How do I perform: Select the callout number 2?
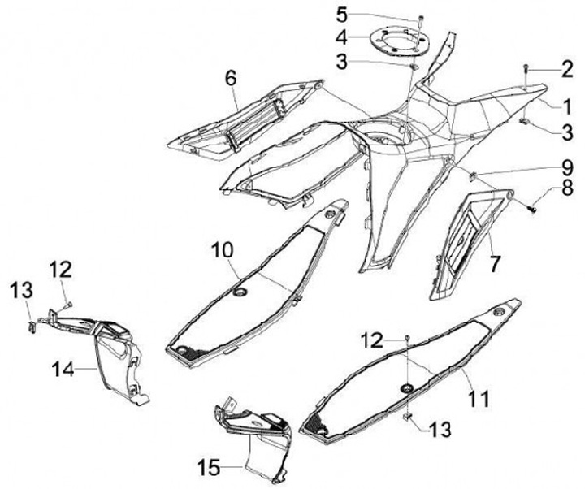565,71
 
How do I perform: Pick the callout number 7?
494,262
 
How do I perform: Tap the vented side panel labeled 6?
244,122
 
